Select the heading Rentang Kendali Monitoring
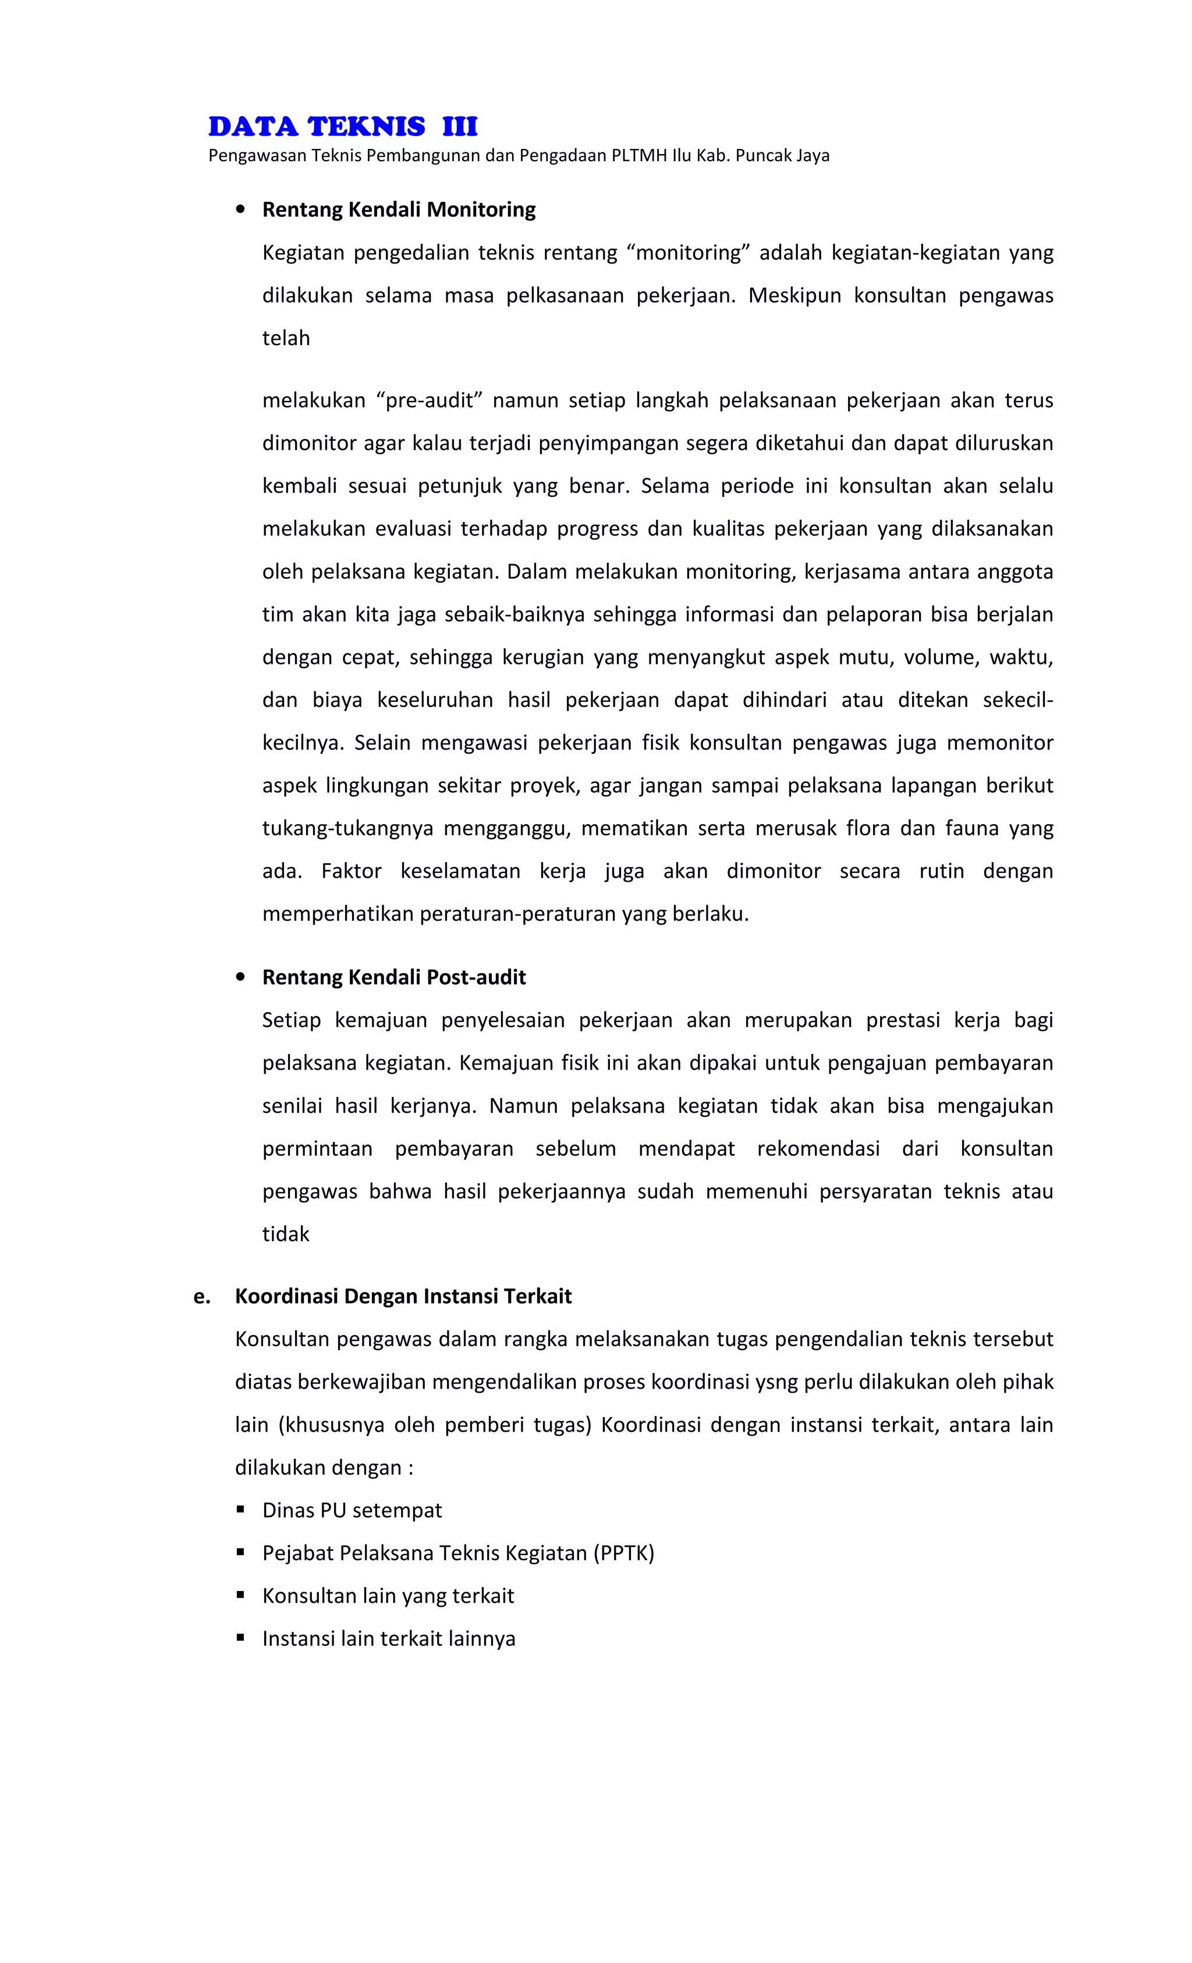(x=398, y=210)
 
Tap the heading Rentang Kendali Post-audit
(x=393, y=978)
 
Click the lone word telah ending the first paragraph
(x=285, y=339)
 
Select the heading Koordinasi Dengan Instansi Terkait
(x=403, y=1296)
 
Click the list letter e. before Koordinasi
(x=201, y=1296)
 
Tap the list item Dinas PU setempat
(x=352, y=1510)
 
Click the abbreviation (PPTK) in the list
(x=623, y=1553)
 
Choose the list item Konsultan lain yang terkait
(x=388, y=1596)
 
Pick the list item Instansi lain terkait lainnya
(x=389, y=1639)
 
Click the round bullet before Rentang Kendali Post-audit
(x=240, y=978)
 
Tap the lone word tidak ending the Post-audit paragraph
(x=285, y=1234)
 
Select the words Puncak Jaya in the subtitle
(x=782, y=156)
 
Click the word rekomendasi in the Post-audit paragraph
(x=818, y=1149)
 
